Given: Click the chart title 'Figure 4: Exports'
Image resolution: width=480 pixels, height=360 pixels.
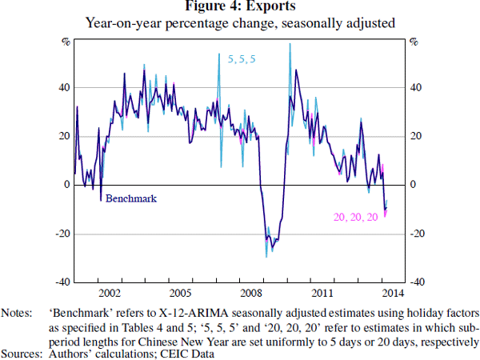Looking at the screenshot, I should point(239,7).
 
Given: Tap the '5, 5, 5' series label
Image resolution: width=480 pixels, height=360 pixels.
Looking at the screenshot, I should point(241,59).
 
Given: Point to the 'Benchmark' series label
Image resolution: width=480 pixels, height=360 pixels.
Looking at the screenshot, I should point(130,197).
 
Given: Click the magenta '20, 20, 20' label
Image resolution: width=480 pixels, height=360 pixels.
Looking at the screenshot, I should point(355,217).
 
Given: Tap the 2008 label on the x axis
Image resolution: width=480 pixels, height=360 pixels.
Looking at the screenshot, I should point(250,293).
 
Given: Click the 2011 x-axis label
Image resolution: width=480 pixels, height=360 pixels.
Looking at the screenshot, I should point(321,293).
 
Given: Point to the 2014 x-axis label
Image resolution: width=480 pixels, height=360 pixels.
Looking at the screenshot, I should point(391,293).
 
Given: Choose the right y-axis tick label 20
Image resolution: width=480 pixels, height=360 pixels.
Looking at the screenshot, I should point(416,136).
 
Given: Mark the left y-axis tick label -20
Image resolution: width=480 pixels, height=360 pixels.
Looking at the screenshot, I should point(61,234).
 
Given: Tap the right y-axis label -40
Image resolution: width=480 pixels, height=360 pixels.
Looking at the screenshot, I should point(418,282).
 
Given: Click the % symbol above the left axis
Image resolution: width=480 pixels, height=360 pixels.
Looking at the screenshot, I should point(66,41).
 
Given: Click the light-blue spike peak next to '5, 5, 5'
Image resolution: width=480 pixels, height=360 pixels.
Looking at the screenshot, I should point(219,54).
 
